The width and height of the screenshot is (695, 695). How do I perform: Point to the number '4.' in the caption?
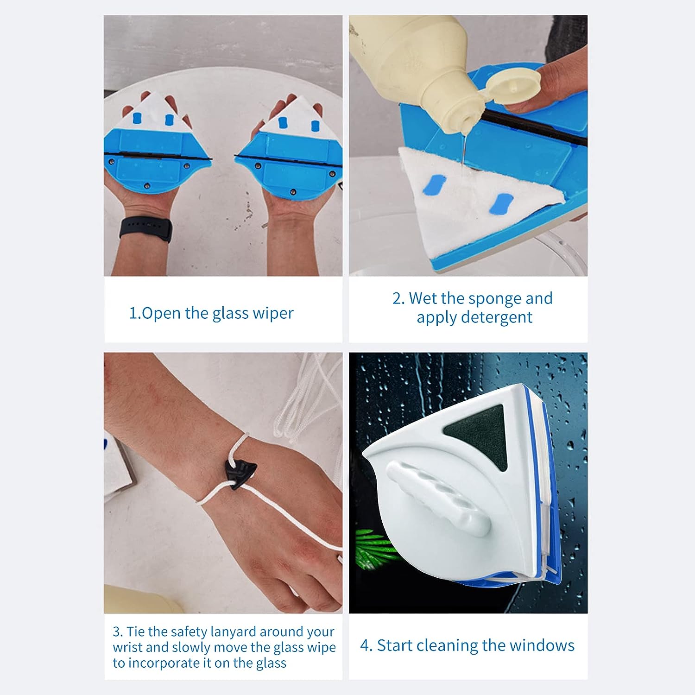pyautogui.click(x=366, y=645)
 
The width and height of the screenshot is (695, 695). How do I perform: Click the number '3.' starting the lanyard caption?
pyautogui.click(x=118, y=632)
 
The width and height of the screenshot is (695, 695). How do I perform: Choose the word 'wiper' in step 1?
pyautogui.click(x=273, y=314)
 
